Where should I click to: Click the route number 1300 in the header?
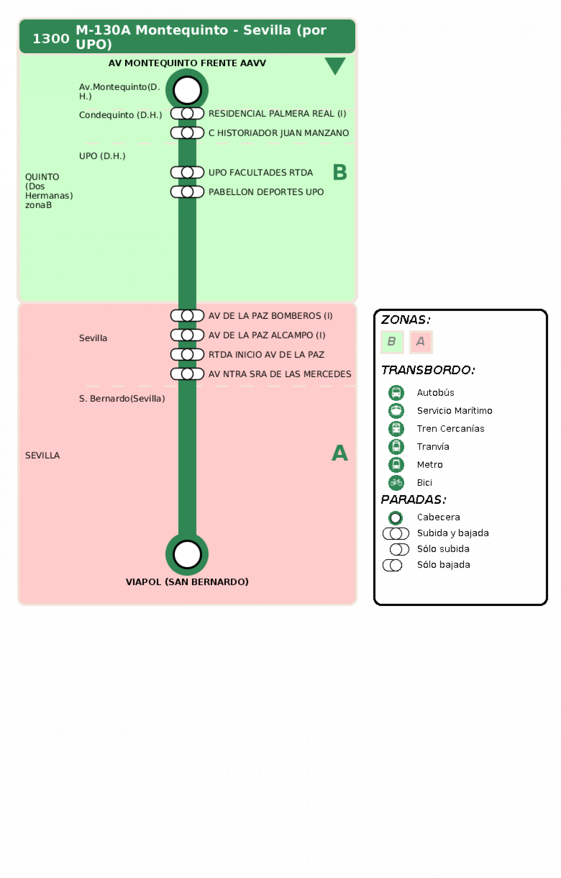click(x=51, y=39)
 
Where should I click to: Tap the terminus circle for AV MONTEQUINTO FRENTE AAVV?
click(x=187, y=90)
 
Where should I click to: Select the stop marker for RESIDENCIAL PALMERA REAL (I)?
click(x=187, y=114)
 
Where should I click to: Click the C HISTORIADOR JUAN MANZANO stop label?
click(x=278, y=133)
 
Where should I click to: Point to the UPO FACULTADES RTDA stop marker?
click(x=187, y=172)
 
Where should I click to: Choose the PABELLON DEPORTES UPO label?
click(x=266, y=192)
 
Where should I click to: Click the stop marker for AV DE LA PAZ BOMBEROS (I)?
click(x=187, y=316)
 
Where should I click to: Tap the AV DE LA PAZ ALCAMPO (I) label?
click(x=267, y=335)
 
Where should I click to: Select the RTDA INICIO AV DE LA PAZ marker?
click(x=187, y=355)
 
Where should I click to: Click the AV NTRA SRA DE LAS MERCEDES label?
click(x=279, y=374)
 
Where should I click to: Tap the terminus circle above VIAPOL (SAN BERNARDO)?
click(x=187, y=554)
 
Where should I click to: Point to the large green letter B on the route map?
click(x=340, y=172)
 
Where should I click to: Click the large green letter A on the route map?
click(x=340, y=453)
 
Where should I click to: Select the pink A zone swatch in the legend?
click(x=421, y=342)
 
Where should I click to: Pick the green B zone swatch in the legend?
click(x=392, y=342)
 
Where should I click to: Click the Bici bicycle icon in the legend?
click(x=396, y=483)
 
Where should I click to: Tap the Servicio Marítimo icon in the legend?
click(x=396, y=410)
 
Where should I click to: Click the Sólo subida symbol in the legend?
click(x=399, y=549)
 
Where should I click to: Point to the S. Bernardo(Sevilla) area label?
click(x=122, y=398)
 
